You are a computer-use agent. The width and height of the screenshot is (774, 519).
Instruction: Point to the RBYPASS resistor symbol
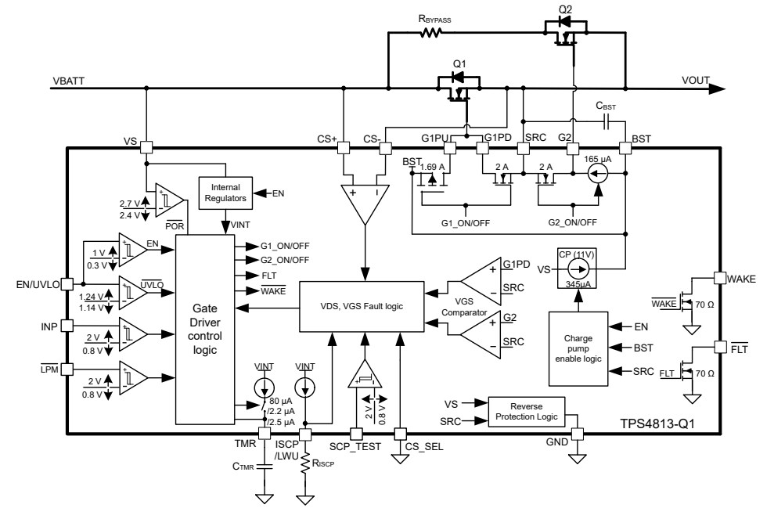431,33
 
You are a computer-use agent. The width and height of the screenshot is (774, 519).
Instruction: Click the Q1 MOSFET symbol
455,85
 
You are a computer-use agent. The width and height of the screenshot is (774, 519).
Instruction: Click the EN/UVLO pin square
67,284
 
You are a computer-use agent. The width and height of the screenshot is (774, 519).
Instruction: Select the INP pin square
67,325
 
